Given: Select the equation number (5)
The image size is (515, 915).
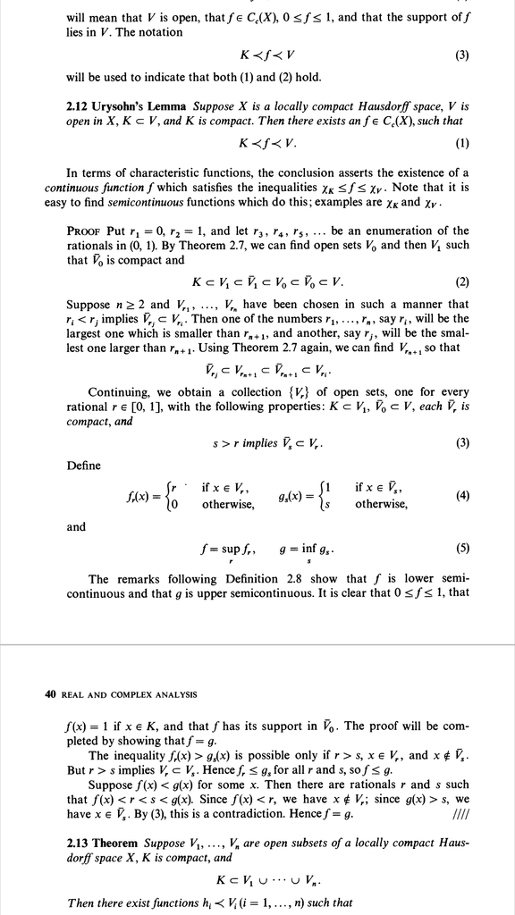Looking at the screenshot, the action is coord(462,549).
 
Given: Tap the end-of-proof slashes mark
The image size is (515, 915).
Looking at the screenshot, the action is coord(460,812).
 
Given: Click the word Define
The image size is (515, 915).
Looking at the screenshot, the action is coord(84,466).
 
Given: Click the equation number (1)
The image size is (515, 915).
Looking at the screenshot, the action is coord(462,143).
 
